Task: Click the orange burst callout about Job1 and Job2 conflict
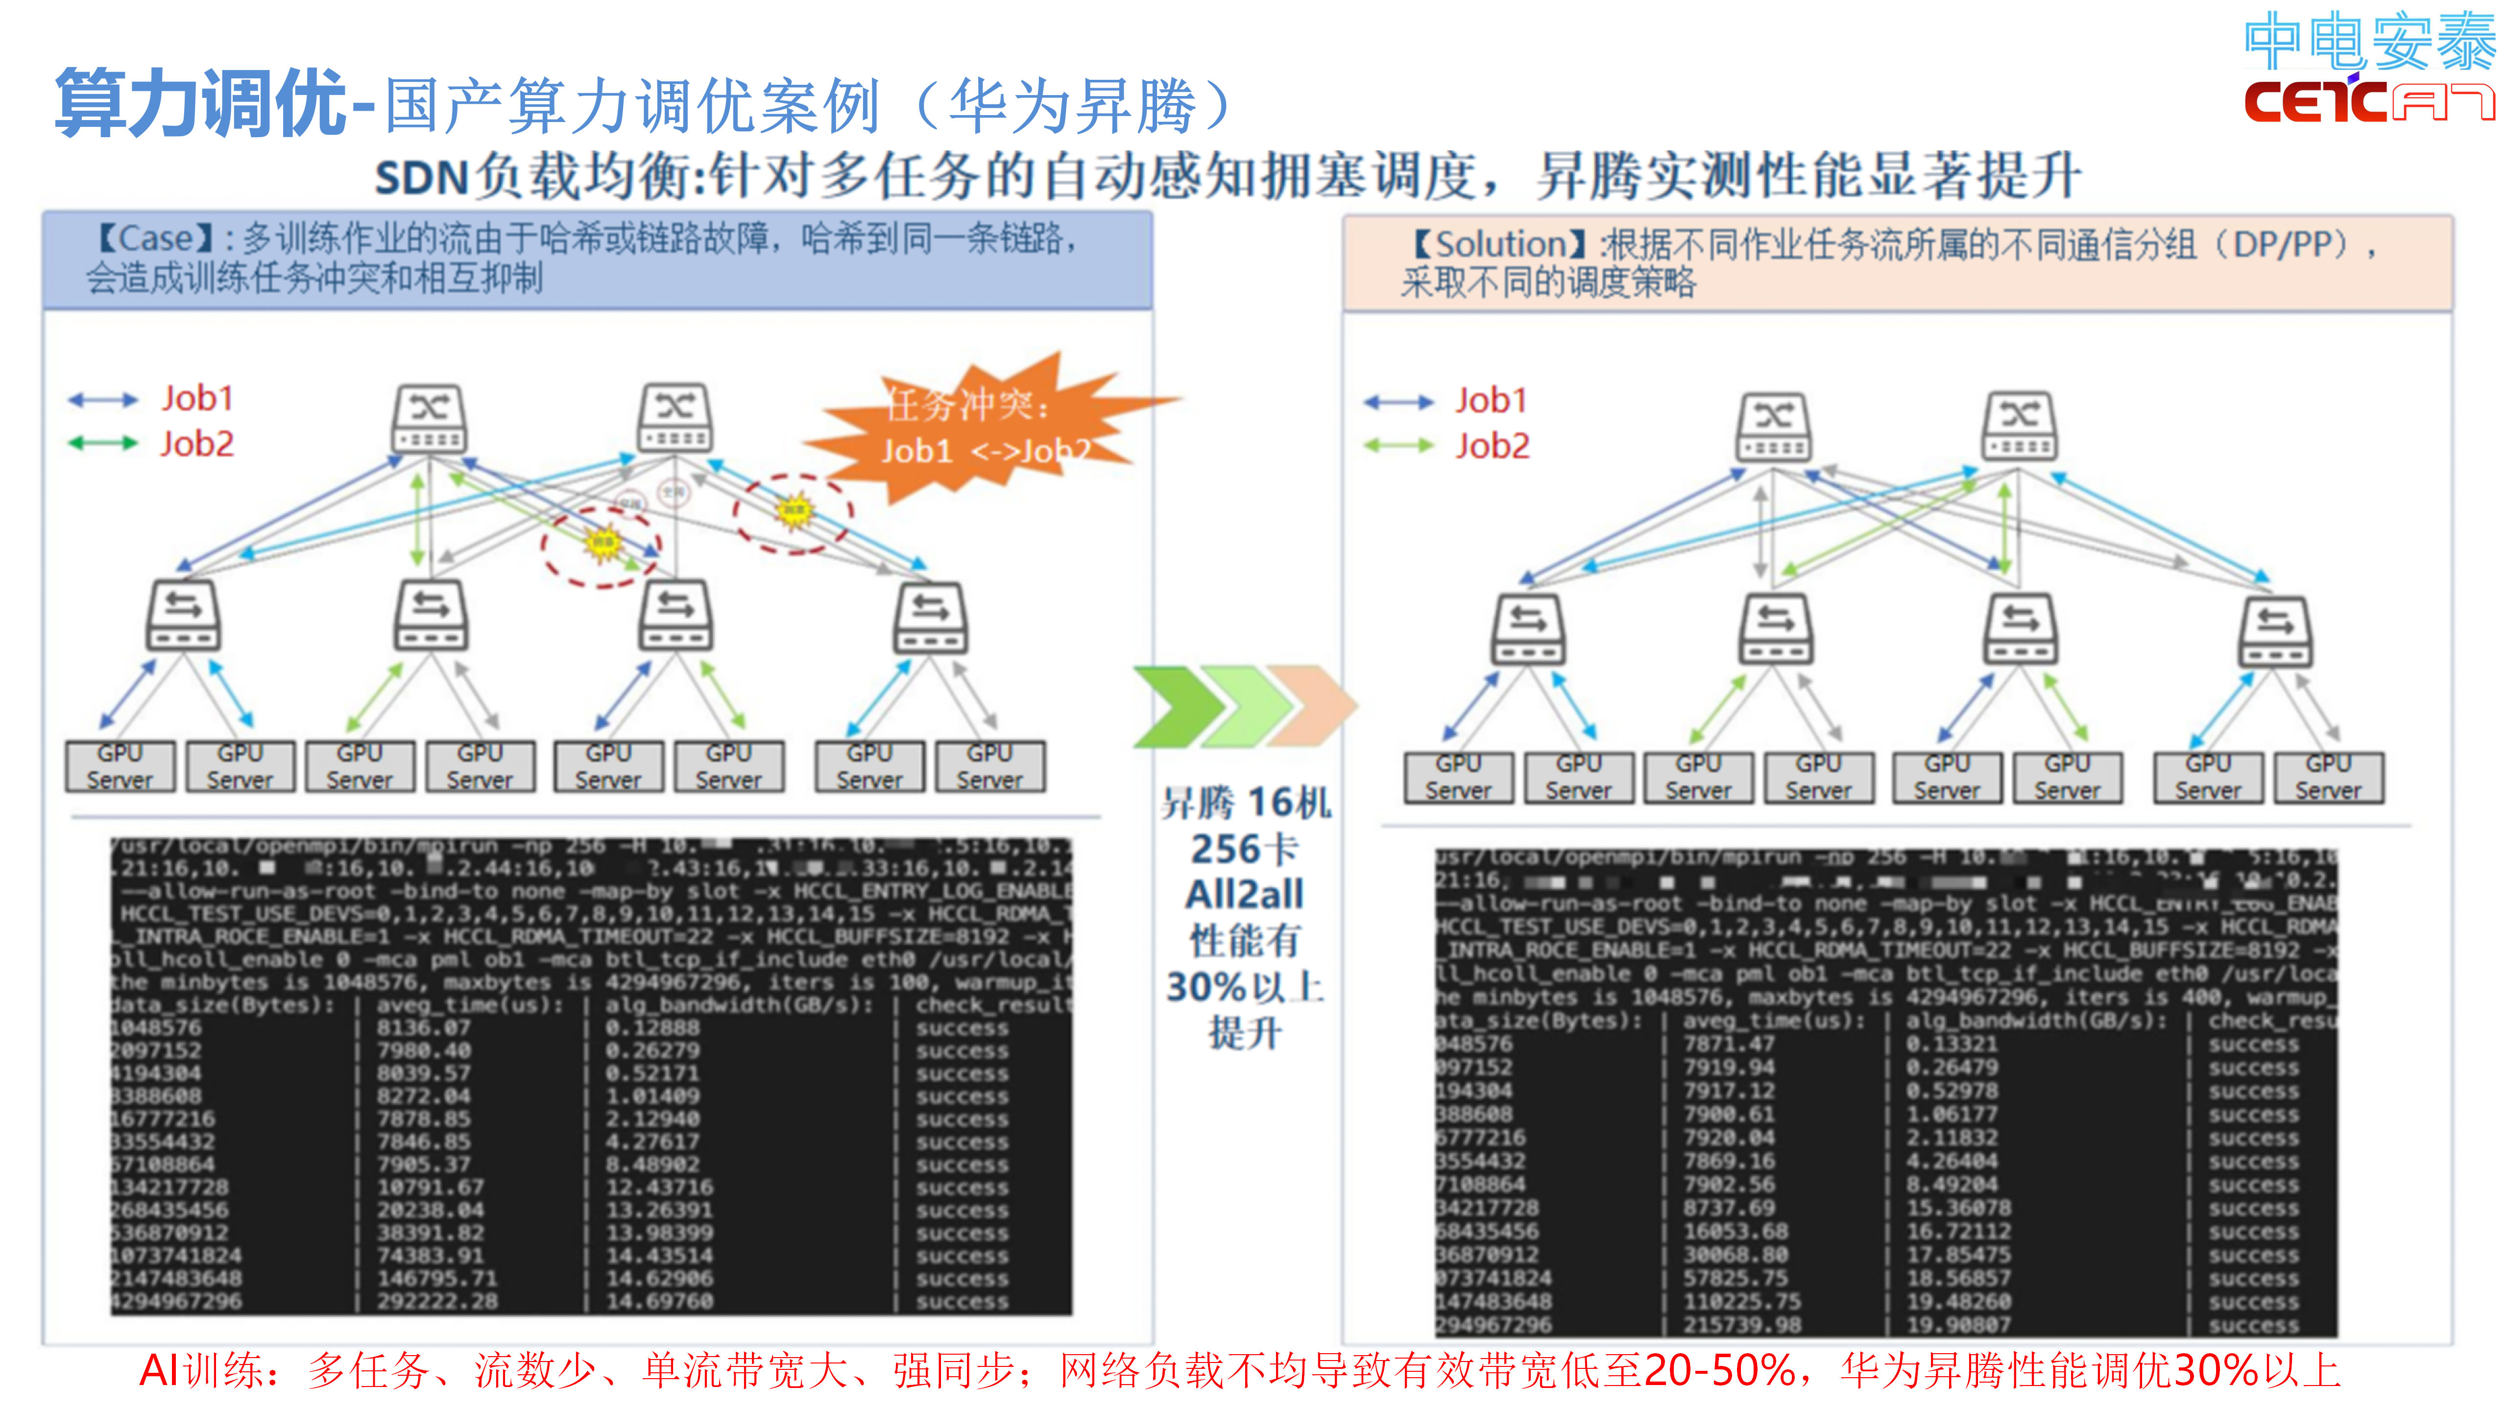point(983,429)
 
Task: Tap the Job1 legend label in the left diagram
point(197,398)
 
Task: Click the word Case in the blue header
point(156,239)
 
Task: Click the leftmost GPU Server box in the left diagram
point(120,766)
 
